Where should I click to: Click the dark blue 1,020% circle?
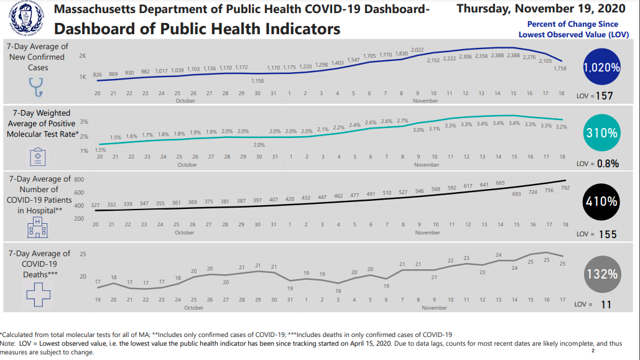pos(601,68)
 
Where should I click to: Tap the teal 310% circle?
pos(601,132)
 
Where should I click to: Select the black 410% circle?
pos(601,201)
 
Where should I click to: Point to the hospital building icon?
pos(37,228)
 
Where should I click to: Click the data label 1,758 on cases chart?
pos(560,69)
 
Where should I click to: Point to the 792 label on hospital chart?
pos(565,187)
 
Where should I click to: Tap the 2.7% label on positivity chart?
pos(402,121)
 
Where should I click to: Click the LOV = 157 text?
pos(595,96)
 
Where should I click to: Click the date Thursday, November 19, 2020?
pos(540,9)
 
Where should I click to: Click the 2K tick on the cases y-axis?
pos(83,56)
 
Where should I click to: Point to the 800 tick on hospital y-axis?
pos(79,179)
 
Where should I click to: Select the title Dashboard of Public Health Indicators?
pos(197,29)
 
